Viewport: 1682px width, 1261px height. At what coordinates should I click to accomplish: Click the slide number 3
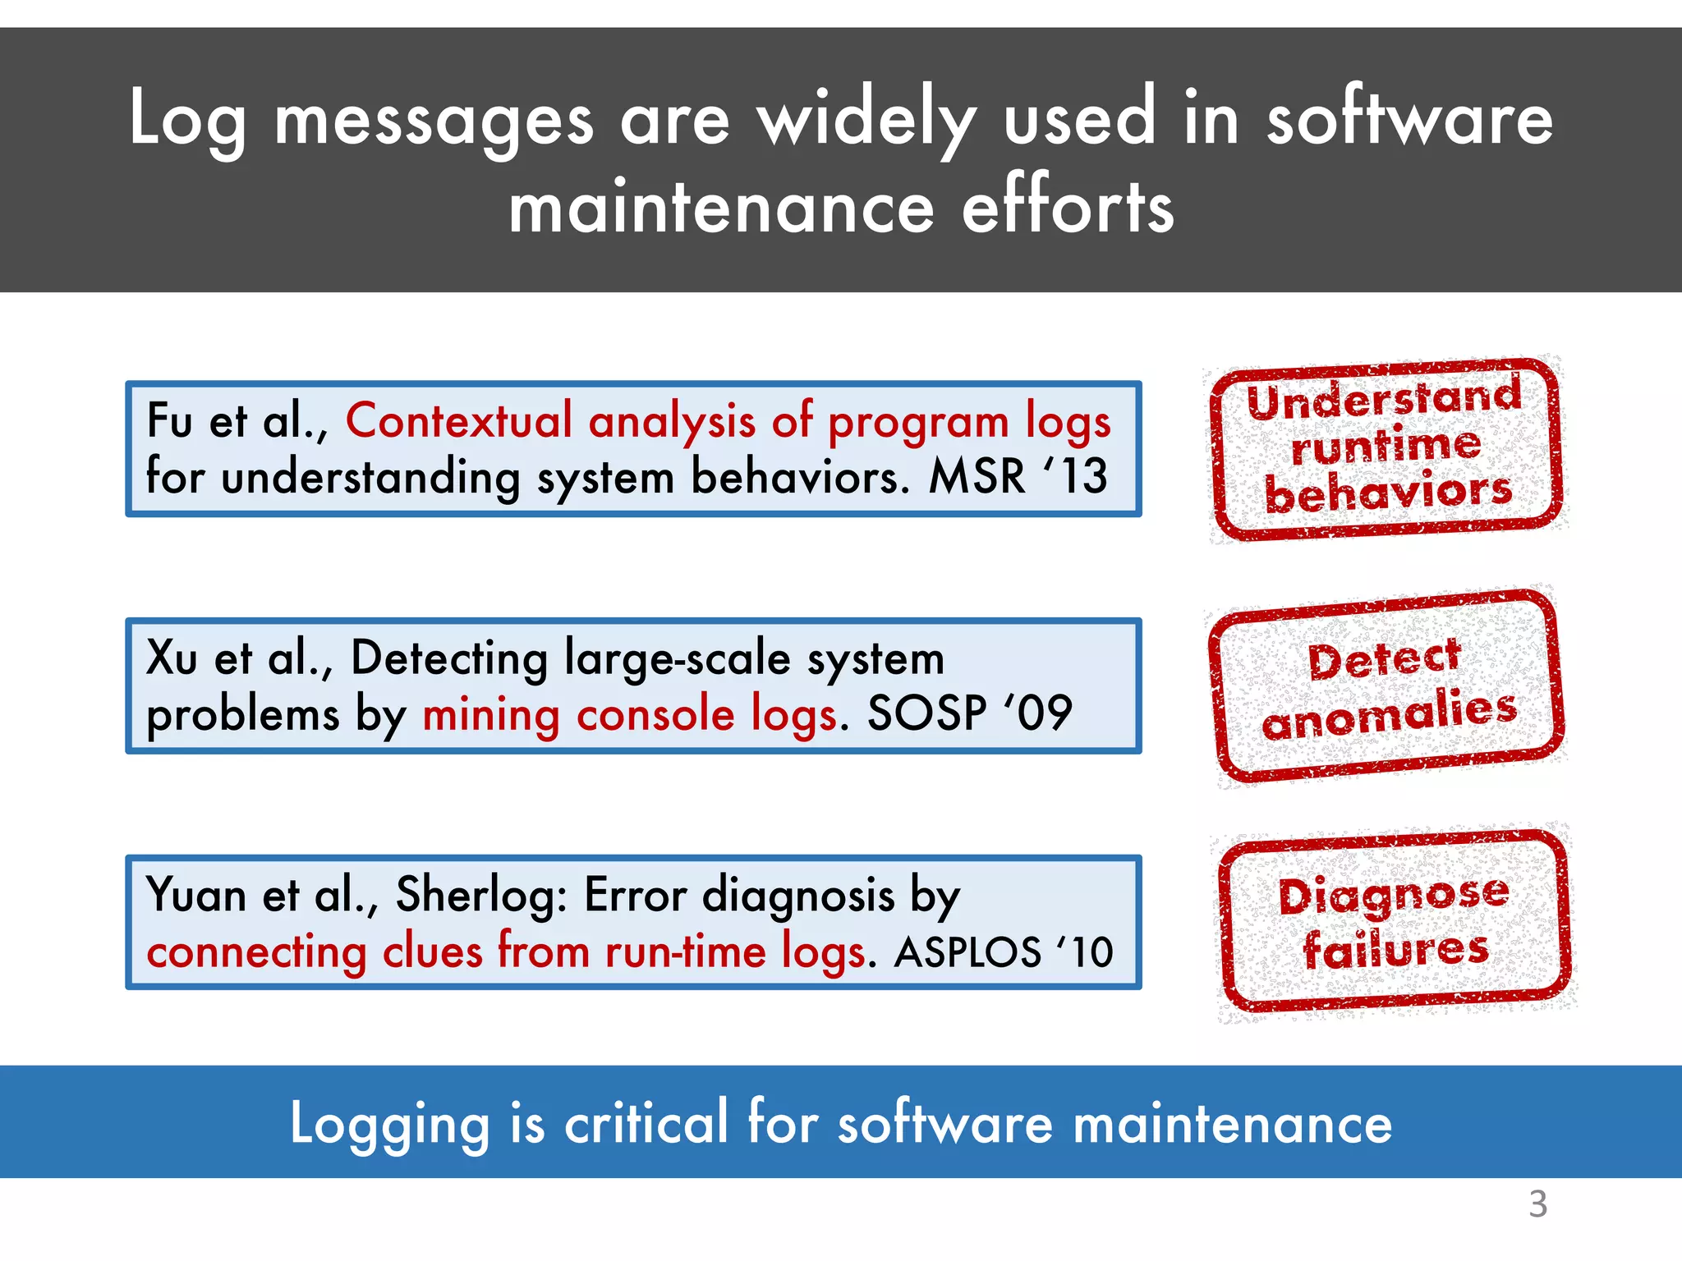[x=1537, y=1204]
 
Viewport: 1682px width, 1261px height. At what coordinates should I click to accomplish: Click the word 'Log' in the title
[x=187, y=120]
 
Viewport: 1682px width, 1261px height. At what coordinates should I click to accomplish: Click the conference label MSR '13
[x=1018, y=476]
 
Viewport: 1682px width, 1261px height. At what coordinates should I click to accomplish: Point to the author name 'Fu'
[x=169, y=421]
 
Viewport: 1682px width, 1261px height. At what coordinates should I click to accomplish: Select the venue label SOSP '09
[x=970, y=713]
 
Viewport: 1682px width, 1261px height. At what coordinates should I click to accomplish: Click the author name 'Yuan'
[x=195, y=895]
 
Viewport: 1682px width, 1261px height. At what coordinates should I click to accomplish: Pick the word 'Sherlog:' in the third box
[x=481, y=895]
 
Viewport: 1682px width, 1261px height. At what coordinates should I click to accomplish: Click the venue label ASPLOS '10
[x=1004, y=952]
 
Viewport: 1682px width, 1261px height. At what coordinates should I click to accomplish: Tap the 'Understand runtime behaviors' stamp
[x=1386, y=448]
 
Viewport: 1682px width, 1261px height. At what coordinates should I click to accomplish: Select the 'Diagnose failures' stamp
[x=1395, y=922]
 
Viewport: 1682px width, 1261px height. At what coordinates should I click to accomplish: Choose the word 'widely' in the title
[x=866, y=120]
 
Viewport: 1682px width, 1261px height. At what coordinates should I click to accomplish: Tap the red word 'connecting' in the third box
[x=256, y=952]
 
